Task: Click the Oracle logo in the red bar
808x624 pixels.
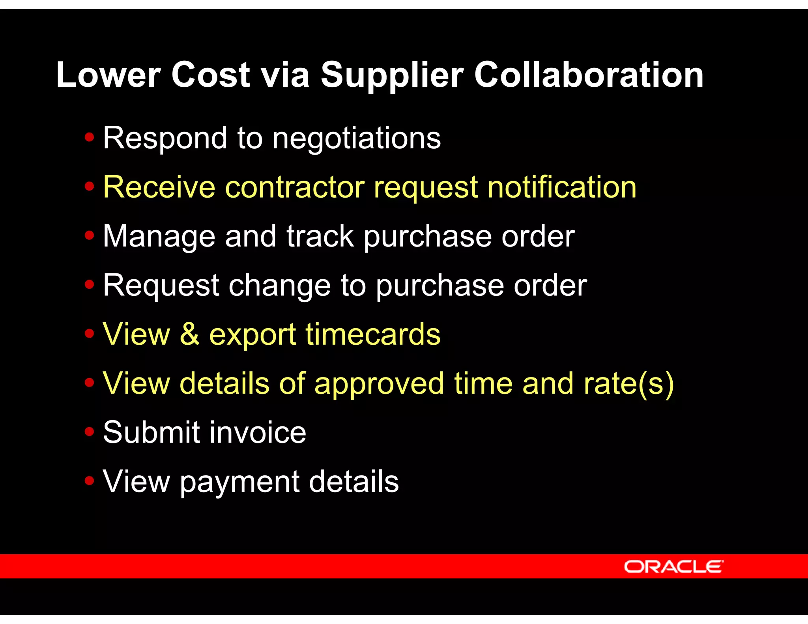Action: tap(673, 566)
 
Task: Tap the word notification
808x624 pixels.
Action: tap(562, 187)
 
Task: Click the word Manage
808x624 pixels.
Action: tap(159, 237)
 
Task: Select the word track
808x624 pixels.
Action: tap(320, 237)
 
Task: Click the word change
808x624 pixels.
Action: tap(279, 286)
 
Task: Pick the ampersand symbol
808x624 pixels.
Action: tap(190, 334)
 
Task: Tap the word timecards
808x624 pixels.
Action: tap(373, 334)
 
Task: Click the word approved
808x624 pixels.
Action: tap(379, 384)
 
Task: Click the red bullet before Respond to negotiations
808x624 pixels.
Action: tap(90, 137)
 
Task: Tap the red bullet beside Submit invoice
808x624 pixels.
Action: tap(90, 432)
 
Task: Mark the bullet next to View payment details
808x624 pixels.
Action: tap(90, 480)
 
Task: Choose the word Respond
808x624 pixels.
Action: tap(165, 139)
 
